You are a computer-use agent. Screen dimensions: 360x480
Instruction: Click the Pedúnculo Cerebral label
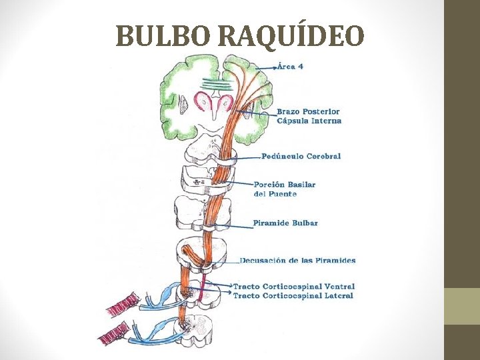301,156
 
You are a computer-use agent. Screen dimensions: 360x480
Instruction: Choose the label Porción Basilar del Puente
285,189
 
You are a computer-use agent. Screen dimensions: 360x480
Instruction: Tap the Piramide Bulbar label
285,223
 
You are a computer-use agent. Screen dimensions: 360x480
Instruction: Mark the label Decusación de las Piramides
297,260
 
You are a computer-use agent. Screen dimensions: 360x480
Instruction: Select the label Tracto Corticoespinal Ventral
293,286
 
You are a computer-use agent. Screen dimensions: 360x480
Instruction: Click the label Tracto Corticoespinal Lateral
293,295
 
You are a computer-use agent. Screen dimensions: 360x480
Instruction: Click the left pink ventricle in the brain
202,103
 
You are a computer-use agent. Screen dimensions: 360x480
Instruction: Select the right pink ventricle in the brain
225,103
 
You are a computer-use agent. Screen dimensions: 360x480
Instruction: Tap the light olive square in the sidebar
462,306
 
